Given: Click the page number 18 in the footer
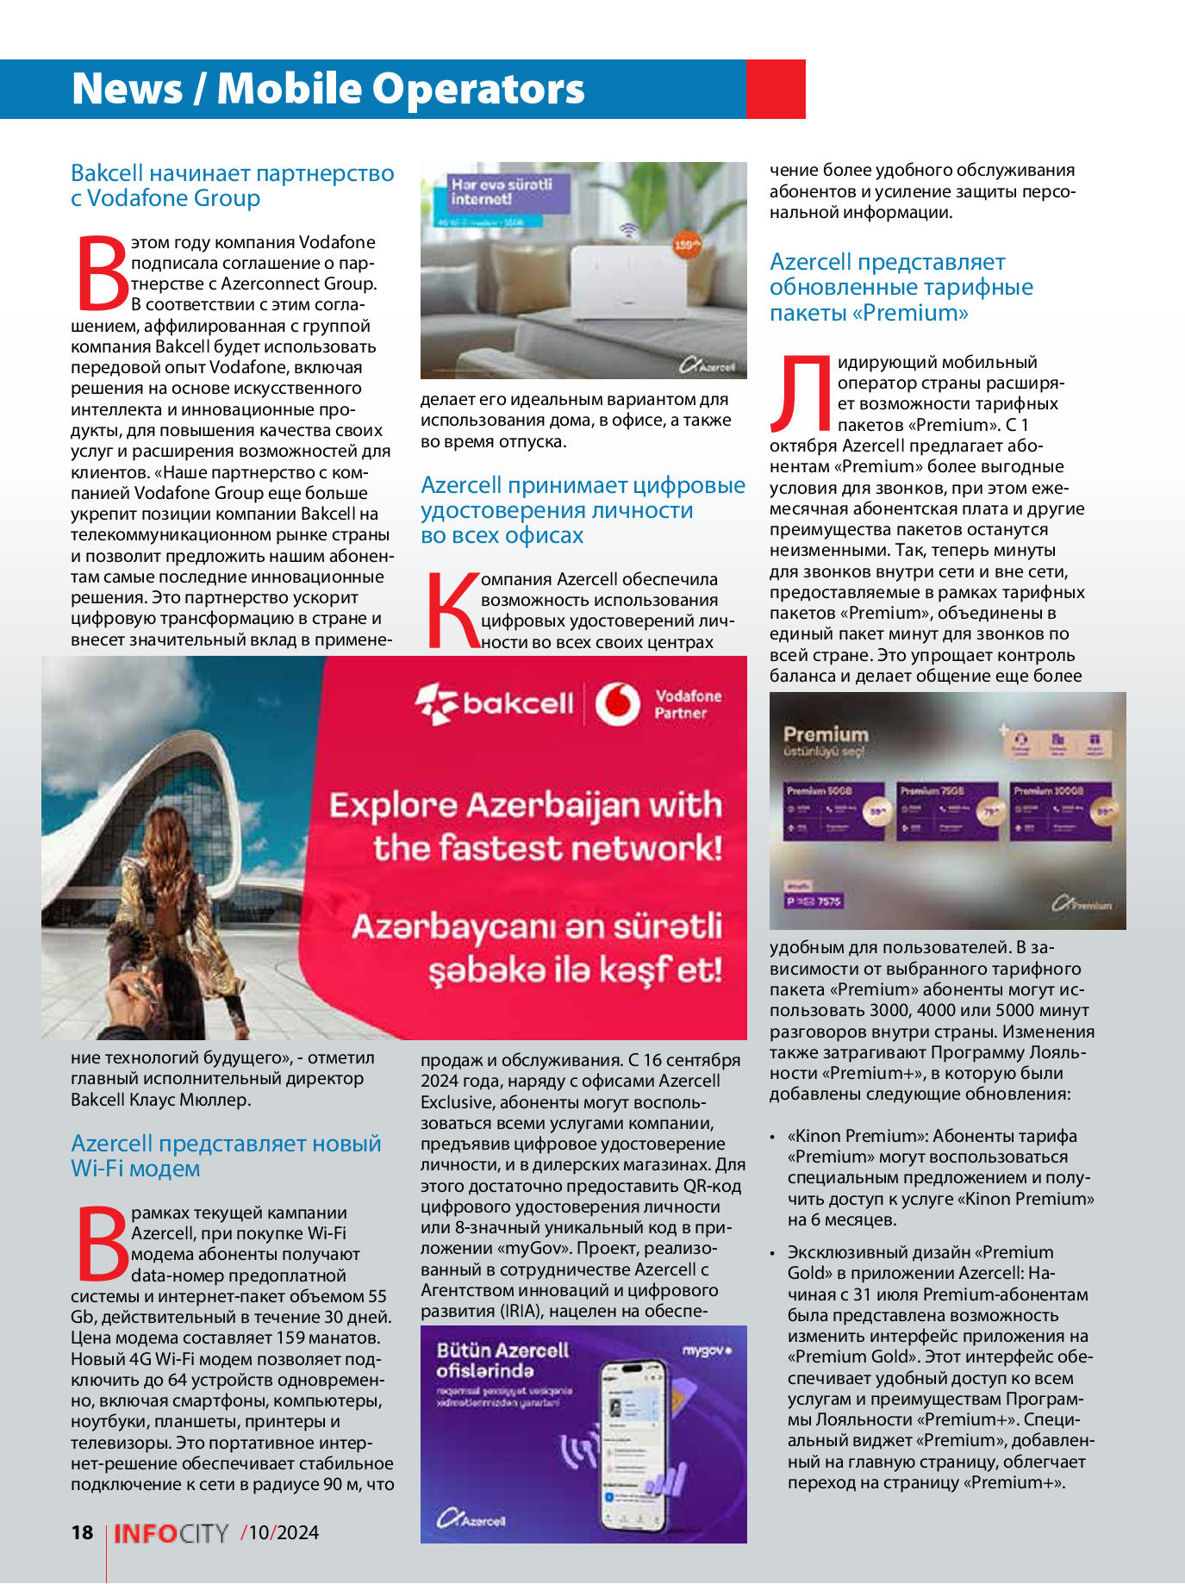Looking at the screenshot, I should click(82, 1531).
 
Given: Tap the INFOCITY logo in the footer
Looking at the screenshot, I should click(172, 1533).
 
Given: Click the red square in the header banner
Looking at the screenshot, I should click(775, 89).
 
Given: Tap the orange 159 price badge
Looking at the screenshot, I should click(686, 246).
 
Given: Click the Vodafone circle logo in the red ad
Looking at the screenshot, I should click(618, 704).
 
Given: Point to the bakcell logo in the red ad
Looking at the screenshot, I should click(495, 703).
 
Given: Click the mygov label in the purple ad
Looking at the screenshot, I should click(707, 1350).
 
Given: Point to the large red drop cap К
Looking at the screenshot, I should click(452, 611).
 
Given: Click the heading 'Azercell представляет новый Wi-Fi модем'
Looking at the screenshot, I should click(226, 1156).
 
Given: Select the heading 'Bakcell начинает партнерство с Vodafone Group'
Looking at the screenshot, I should click(232, 185).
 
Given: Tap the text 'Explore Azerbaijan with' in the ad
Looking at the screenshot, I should click(526, 805).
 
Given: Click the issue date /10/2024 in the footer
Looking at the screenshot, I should click(280, 1532).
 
